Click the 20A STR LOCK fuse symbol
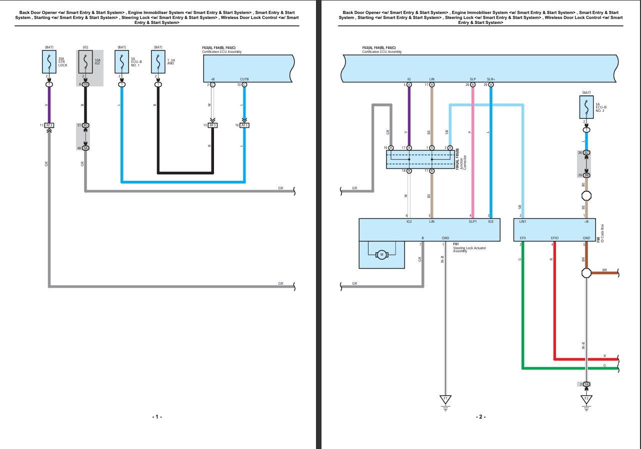[x=49, y=62]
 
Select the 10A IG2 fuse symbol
[x=85, y=62]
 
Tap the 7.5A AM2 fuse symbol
[x=158, y=62]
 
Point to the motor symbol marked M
[x=382, y=255]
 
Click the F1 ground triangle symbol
[x=444, y=400]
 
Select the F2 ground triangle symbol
[x=586, y=400]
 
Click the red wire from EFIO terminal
[x=554, y=300]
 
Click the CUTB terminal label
[x=244, y=79]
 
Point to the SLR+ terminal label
[x=490, y=79]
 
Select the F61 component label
[x=456, y=244]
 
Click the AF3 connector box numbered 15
[x=212, y=125]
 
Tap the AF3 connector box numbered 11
[x=49, y=125]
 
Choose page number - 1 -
[x=157, y=417]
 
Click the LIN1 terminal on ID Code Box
[x=522, y=221]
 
